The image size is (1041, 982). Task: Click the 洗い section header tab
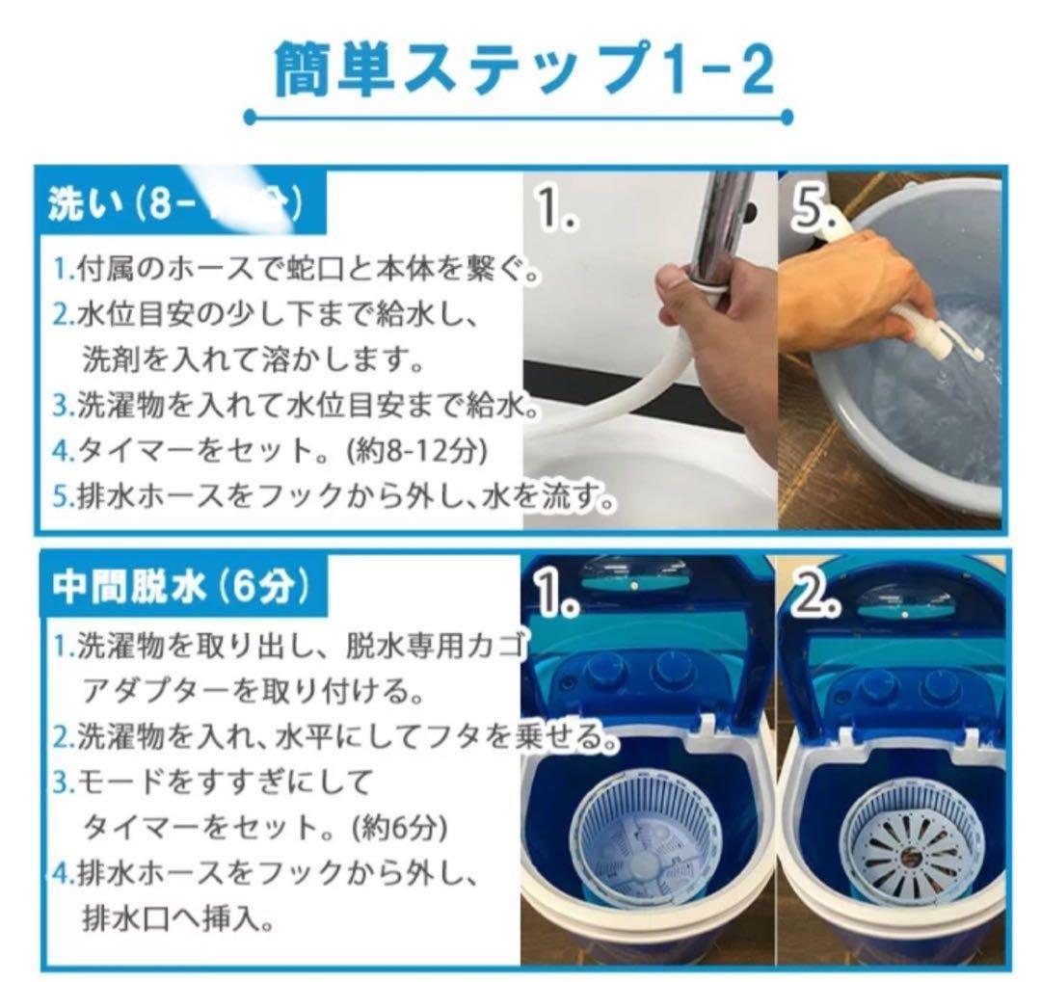(x=173, y=204)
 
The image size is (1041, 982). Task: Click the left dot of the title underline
(x=250, y=118)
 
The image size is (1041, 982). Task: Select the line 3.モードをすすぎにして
(x=212, y=782)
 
